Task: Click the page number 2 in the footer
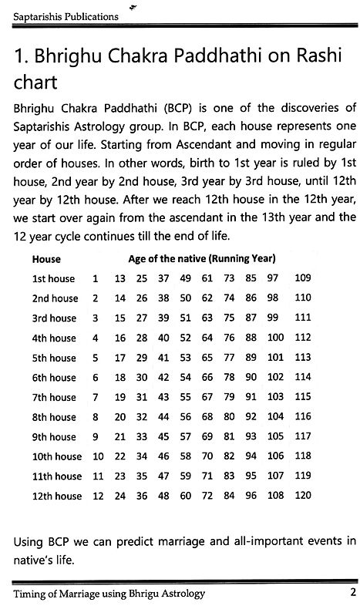point(351,594)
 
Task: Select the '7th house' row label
point(55,396)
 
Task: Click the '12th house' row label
point(57,495)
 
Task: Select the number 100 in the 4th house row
point(275,338)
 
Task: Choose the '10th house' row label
point(57,456)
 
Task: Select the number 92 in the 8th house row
point(251,416)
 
